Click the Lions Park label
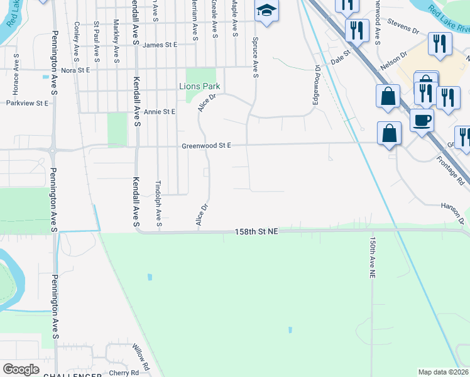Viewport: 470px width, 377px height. click(x=200, y=86)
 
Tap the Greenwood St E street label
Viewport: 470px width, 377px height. click(x=207, y=146)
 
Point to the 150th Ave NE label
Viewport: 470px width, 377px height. click(x=372, y=257)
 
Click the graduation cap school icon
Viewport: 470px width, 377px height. click(x=266, y=11)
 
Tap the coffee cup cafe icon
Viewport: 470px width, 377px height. click(x=421, y=119)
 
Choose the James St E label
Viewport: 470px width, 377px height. click(x=160, y=45)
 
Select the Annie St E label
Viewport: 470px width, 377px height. click(x=160, y=112)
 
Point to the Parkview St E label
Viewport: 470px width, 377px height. click(x=27, y=102)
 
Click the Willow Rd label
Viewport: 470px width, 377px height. click(x=141, y=356)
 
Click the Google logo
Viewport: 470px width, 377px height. click(x=21, y=369)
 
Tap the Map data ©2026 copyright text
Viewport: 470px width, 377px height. click(x=444, y=372)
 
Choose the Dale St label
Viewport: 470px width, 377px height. click(x=340, y=57)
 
